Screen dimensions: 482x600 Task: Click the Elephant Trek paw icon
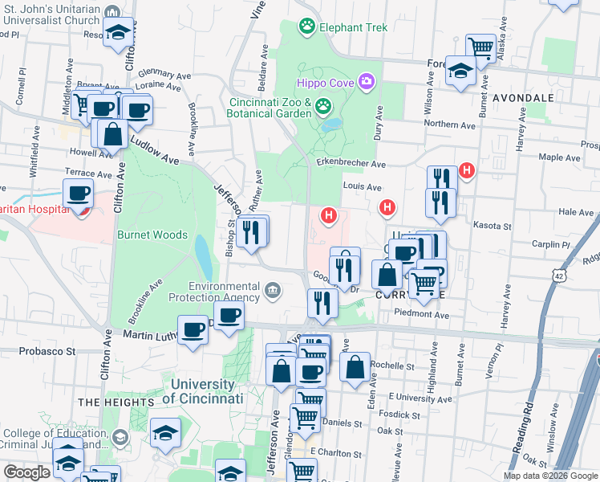[306, 27]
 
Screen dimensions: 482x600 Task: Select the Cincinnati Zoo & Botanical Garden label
[270, 108]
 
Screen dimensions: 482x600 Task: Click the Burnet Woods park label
[152, 235]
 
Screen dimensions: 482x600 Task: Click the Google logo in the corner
[26, 472]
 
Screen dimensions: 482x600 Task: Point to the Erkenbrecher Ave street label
[352, 164]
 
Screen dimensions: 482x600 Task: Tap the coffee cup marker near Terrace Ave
[79, 194]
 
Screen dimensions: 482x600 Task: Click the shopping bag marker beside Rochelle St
[355, 367]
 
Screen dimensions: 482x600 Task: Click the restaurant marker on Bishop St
[252, 233]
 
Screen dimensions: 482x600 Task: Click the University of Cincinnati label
[202, 392]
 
